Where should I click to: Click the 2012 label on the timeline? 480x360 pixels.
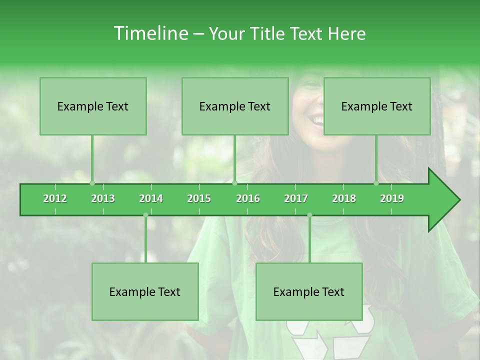click(x=55, y=198)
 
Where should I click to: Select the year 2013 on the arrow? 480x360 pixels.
click(x=103, y=198)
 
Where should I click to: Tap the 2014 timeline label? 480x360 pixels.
click(x=151, y=198)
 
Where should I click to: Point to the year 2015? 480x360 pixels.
click(x=199, y=198)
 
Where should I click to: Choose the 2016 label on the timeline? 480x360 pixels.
click(x=248, y=198)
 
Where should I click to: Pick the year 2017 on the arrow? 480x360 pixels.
click(x=296, y=198)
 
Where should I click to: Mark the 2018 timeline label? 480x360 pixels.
click(x=344, y=198)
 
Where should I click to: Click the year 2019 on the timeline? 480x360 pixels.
click(x=392, y=198)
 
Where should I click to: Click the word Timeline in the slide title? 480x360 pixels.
click(x=149, y=33)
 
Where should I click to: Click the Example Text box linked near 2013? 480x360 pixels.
click(x=93, y=106)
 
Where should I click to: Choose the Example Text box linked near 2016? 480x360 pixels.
click(x=235, y=106)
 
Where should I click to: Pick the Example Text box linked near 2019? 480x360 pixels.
click(x=377, y=106)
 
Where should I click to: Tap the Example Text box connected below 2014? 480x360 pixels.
click(x=145, y=291)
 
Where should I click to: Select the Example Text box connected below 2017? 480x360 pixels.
click(x=309, y=291)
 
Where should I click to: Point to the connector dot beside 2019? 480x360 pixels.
click(x=376, y=183)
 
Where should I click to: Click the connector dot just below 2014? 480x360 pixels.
click(x=145, y=215)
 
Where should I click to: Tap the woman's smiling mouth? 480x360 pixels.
click(x=316, y=120)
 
